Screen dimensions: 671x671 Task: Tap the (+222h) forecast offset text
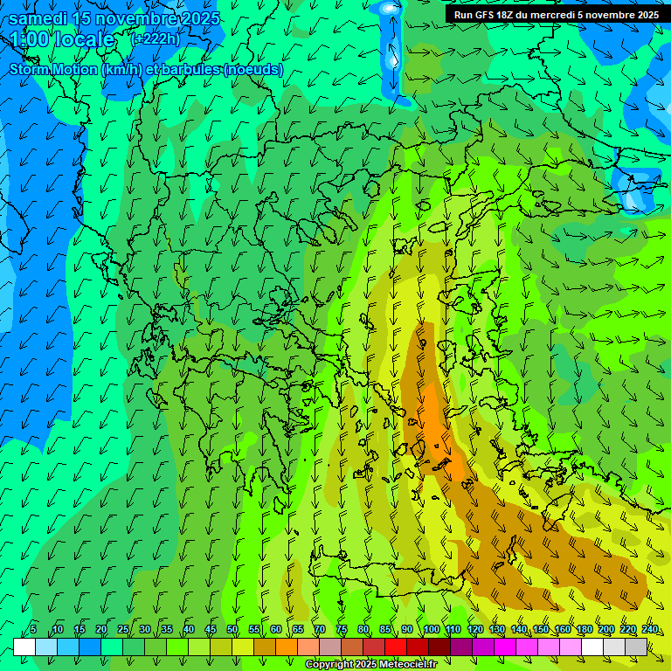pos(155,39)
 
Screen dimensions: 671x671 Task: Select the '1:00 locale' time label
pos(63,39)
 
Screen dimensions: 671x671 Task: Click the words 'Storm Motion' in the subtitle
pos(52,69)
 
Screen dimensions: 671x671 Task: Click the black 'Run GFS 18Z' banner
pos(557,15)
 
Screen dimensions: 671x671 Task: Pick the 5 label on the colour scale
pos(33,629)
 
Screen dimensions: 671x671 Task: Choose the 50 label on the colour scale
pos(232,629)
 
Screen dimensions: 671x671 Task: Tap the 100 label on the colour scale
pos(432,629)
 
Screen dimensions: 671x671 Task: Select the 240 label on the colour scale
pos(650,629)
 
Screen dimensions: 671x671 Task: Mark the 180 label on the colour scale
pos(584,629)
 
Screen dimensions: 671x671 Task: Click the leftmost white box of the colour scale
pos(24,647)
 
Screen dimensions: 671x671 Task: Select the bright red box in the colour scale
pos(396,647)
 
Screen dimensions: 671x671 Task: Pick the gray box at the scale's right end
pos(636,647)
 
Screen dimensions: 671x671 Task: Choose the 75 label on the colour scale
pos(341,629)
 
